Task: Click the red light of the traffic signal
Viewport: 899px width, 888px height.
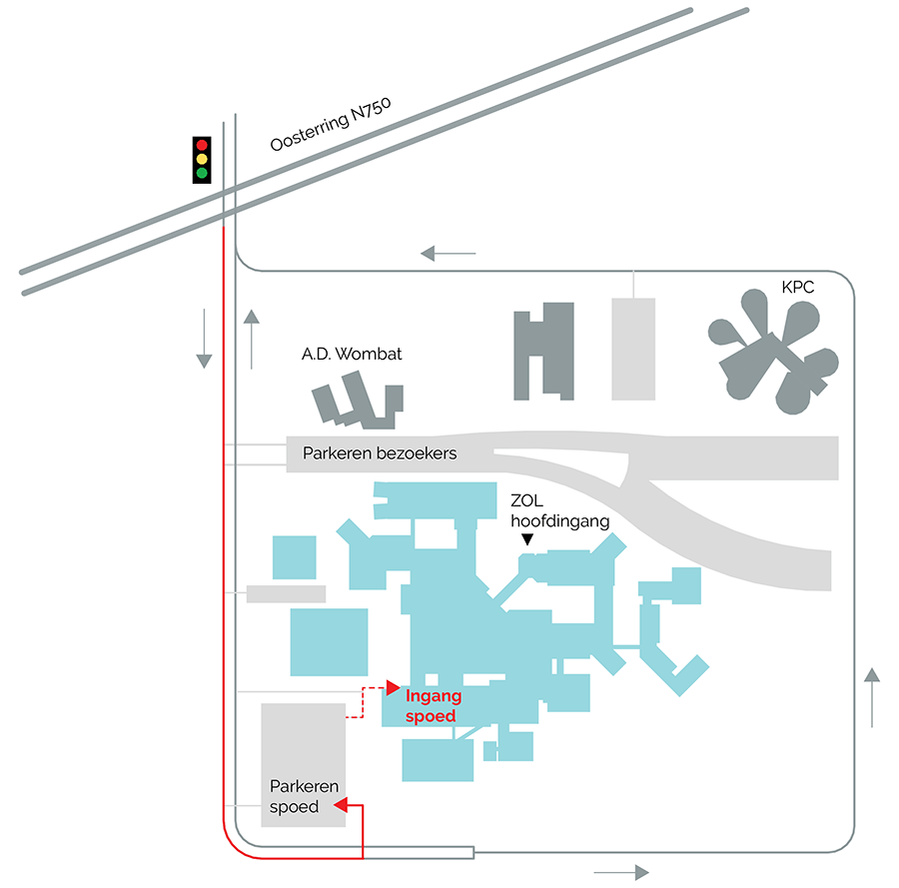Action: point(202,146)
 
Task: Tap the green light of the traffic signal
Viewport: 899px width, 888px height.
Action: point(202,173)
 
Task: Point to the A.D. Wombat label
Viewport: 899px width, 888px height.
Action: point(352,354)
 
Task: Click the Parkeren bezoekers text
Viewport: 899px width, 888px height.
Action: point(380,453)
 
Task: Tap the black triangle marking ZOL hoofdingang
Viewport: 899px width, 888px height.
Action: point(527,539)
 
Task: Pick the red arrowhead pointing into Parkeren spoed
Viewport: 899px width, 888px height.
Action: point(340,804)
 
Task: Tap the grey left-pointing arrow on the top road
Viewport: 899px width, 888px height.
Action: point(448,253)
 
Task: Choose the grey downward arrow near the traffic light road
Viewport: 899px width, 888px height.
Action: point(204,338)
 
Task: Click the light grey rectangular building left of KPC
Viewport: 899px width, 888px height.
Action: point(633,348)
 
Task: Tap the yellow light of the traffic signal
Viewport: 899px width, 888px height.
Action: point(202,159)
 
